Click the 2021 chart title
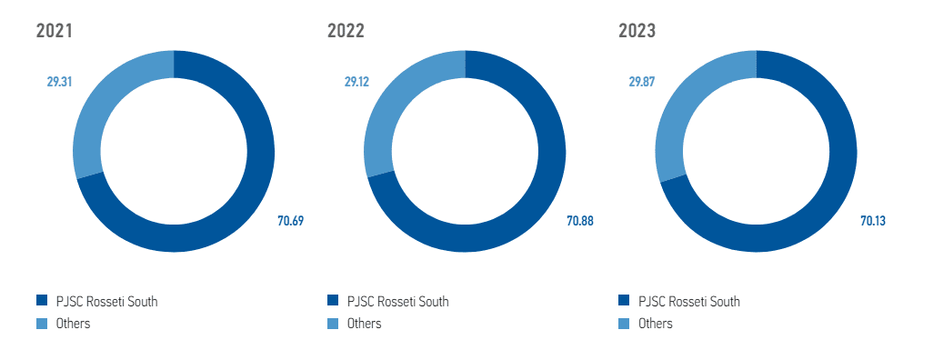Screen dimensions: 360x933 coord(54,31)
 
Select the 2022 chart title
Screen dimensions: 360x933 coord(346,31)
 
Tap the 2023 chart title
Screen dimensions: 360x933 coord(637,31)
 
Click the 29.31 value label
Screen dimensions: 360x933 coord(59,82)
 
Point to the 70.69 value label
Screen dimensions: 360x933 coord(290,220)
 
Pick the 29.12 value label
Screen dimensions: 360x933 coord(357,82)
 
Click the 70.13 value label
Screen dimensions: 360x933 coord(873,220)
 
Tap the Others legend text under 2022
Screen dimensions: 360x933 coord(364,324)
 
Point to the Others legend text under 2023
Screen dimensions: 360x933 coord(655,324)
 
